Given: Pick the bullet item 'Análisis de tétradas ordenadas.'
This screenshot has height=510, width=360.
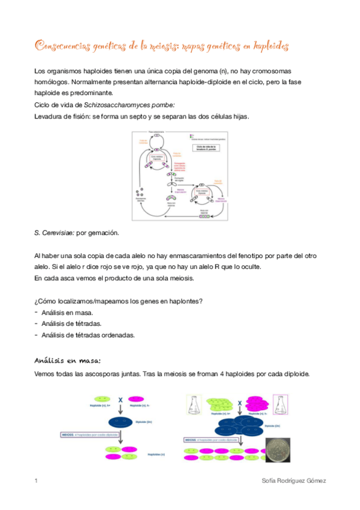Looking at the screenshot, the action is pyautogui.click(x=88, y=335).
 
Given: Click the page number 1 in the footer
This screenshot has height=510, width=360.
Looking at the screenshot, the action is pyautogui.click(x=37, y=481).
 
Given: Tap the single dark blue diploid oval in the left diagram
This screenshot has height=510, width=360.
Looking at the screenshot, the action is pyautogui.click(x=120, y=422).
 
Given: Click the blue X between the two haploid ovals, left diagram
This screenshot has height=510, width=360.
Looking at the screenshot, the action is pyautogui.click(x=120, y=399).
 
